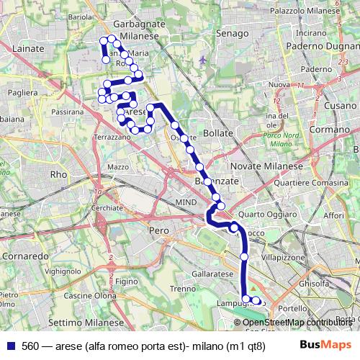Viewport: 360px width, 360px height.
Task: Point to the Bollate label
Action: pyautogui.click(x=218, y=133)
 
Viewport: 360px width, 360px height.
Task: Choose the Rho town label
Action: pyautogui.click(x=58, y=174)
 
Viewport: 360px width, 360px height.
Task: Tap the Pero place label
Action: pyautogui.click(x=158, y=230)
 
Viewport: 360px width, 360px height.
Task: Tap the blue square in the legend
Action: pyautogui.click(x=9, y=345)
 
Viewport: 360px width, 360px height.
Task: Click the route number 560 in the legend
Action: pyautogui.click(x=30, y=345)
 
